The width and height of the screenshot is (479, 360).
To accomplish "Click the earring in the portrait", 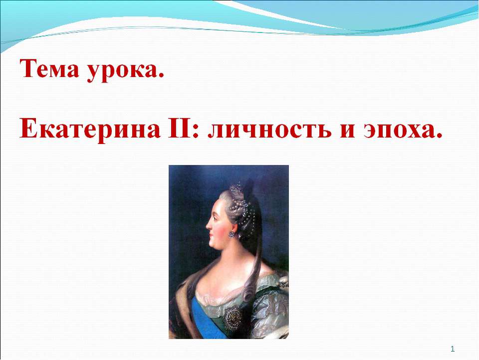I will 232,234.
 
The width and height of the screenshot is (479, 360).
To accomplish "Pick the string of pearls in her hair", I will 251,210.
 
